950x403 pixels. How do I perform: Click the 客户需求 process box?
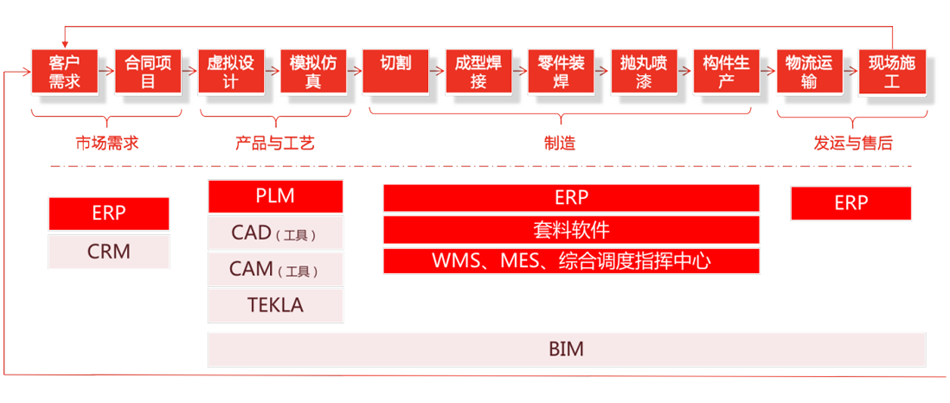point(64,72)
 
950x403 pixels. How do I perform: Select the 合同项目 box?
point(147,72)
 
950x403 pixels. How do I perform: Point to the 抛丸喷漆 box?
point(644,72)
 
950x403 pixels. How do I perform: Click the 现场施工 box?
point(892,72)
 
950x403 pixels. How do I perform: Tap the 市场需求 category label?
point(107,144)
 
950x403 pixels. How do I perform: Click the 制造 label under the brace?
point(560,144)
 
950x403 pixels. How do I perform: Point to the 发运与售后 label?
point(853,144)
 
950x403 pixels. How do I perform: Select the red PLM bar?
point(275,196)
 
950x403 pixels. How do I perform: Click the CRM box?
point(109,252)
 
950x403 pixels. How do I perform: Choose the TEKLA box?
point(275,305)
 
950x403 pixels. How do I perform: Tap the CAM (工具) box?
point(275,269)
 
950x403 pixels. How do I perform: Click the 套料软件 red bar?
point(571,229)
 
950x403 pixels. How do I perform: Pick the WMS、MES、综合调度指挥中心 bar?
point(571,260)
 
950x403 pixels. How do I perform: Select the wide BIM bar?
point(566,349)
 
